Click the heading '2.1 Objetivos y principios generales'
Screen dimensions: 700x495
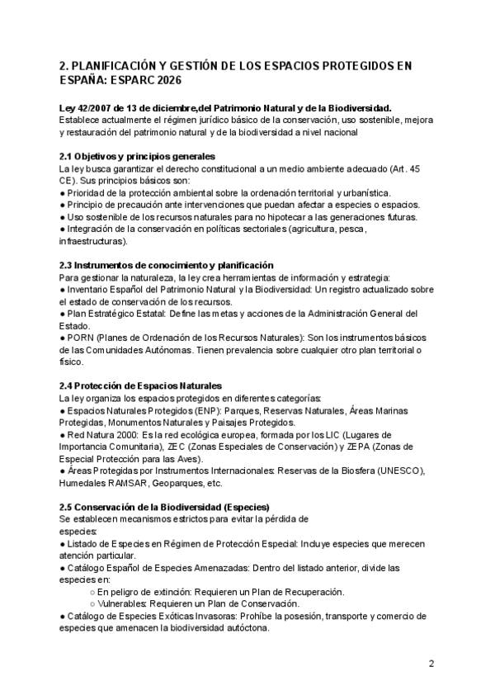[137, 156]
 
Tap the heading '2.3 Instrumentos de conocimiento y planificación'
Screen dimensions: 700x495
[166, 265]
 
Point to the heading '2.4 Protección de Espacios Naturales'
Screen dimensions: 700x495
[141, 385]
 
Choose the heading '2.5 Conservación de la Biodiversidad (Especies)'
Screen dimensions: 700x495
[164, 506]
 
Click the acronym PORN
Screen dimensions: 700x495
[81, 338]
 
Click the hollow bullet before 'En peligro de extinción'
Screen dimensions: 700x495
[91, 592]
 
